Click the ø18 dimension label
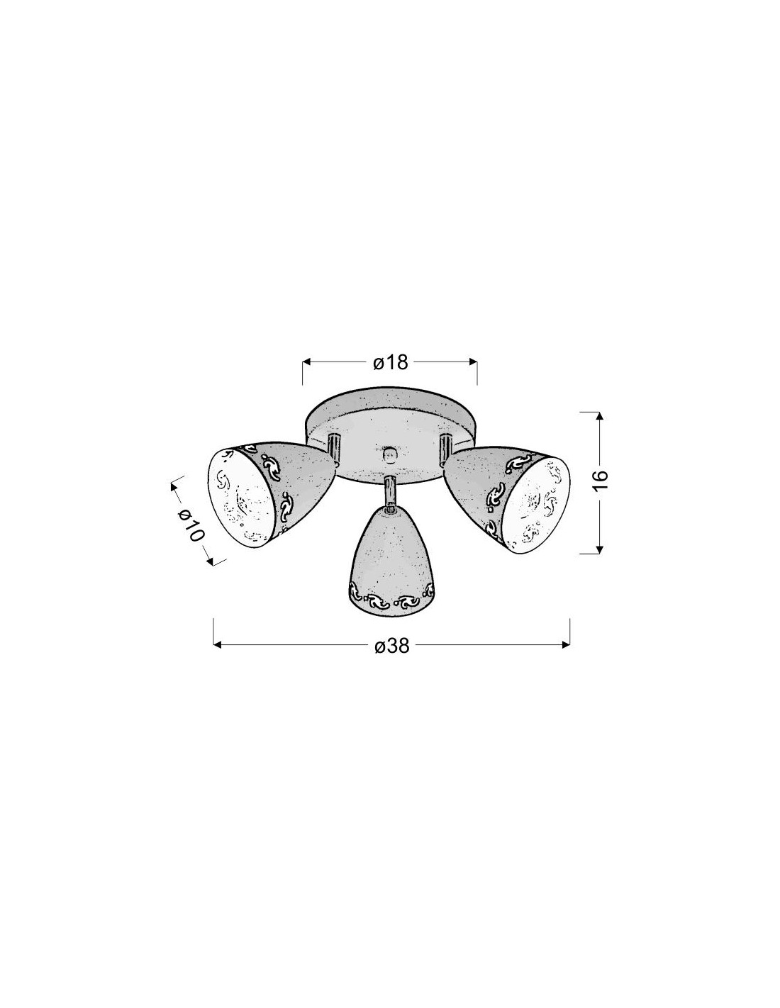pos(390,362)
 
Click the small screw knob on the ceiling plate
pos(389,454)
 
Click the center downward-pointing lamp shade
pos(391,565)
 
